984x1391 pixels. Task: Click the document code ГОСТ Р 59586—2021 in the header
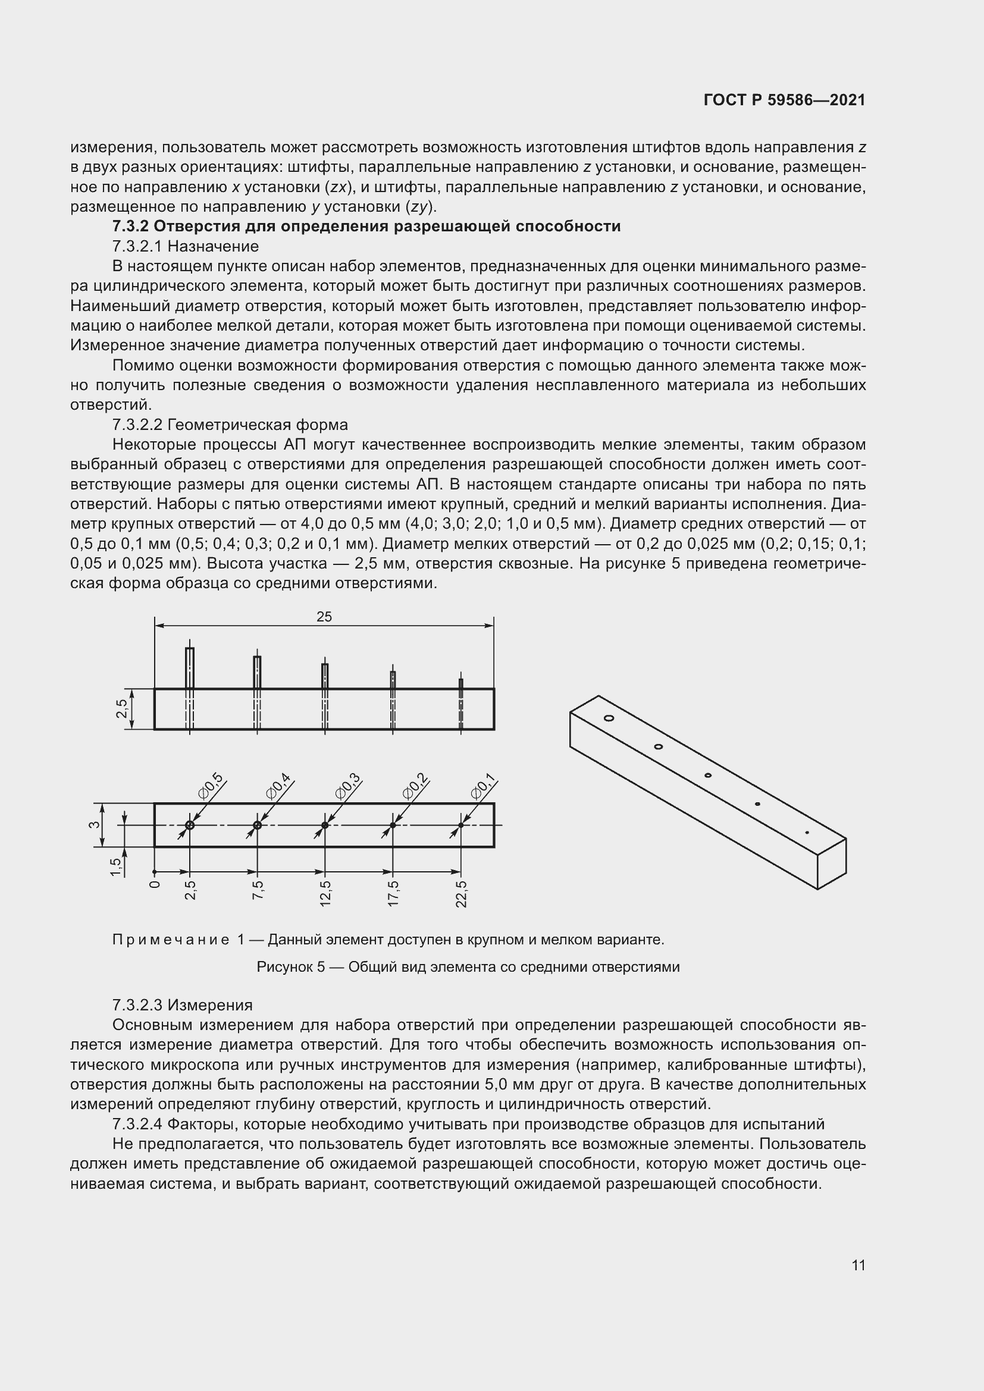point(784,101)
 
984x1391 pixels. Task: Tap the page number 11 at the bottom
point(858,1265)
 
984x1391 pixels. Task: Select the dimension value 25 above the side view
point(324,617)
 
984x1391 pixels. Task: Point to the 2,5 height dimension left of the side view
point(123,708)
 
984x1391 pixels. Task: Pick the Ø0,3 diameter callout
point(349,785)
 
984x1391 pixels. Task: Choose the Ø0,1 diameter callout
point(484,785)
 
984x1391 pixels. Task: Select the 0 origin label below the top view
point(155,884)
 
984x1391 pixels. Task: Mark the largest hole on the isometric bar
point(609,718)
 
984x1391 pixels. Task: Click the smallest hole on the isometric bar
point(807,833)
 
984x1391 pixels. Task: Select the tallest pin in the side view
point(190,668)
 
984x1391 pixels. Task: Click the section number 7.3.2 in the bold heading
point(130,227)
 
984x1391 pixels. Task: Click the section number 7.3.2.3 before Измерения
point(137,1006)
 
